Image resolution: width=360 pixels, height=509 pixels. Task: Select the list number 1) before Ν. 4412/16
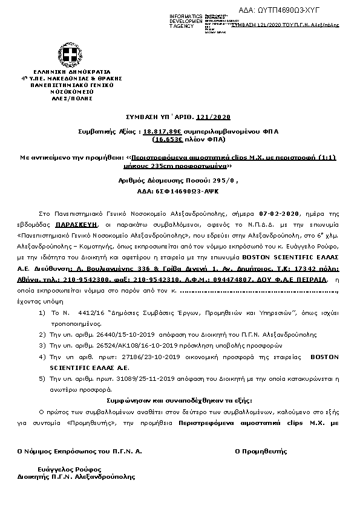click(42, 312)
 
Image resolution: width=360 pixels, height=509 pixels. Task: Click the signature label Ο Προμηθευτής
click(260, 451)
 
